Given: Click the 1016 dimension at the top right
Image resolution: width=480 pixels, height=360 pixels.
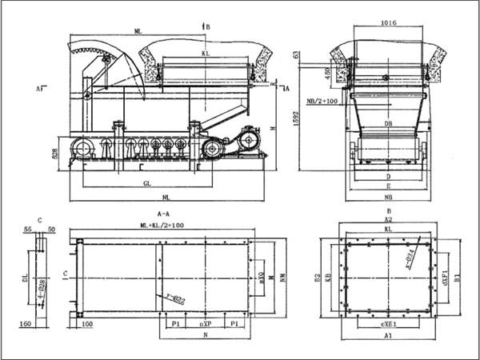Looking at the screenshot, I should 389,23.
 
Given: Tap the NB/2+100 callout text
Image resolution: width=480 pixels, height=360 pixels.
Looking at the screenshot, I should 323,101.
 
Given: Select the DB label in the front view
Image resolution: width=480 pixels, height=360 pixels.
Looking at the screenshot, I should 388,124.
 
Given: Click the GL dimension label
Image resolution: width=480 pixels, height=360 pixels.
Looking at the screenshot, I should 148,183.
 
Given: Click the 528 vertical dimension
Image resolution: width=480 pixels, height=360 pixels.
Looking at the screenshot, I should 55,151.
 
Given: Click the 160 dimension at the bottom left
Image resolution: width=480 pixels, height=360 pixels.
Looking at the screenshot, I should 26,324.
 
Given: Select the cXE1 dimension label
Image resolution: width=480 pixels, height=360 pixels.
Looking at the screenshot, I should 389,326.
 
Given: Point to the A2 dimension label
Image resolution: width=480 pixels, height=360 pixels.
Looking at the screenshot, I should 389,218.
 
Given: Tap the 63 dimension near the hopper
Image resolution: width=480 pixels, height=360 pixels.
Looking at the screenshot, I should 297,55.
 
